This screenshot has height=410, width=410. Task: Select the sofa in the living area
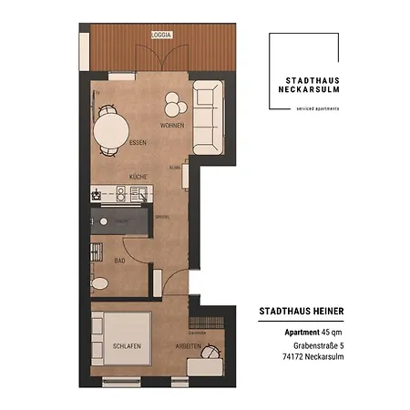click(x=207, y=116)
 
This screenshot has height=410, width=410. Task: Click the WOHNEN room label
click(x=171, y=125)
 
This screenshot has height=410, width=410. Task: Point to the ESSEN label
click(x=113, y=145)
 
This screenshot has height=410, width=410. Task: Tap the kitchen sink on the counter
click(x=138, y=193)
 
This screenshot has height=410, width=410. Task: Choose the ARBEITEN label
click(x=190, y=348)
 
